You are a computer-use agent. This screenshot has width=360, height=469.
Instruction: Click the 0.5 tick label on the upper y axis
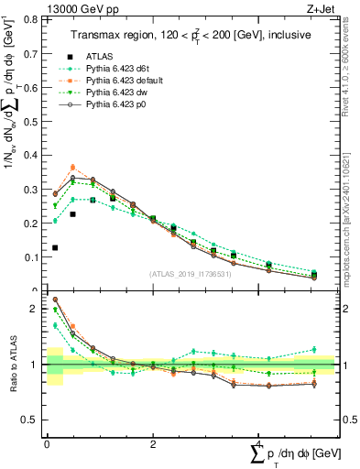pyautogui.click(x=30, y=120)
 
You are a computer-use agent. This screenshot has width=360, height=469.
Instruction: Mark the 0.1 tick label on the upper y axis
pyautogui.click(x=30, y=257)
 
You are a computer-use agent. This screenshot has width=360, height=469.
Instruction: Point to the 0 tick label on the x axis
pyautogui.click(x=47, y=445)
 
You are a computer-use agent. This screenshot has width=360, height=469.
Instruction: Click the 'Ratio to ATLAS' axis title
pyautogui.click(x=12, y=365)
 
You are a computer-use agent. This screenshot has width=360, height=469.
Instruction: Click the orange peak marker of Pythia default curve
pyautogui.click(x=73, y=168)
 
